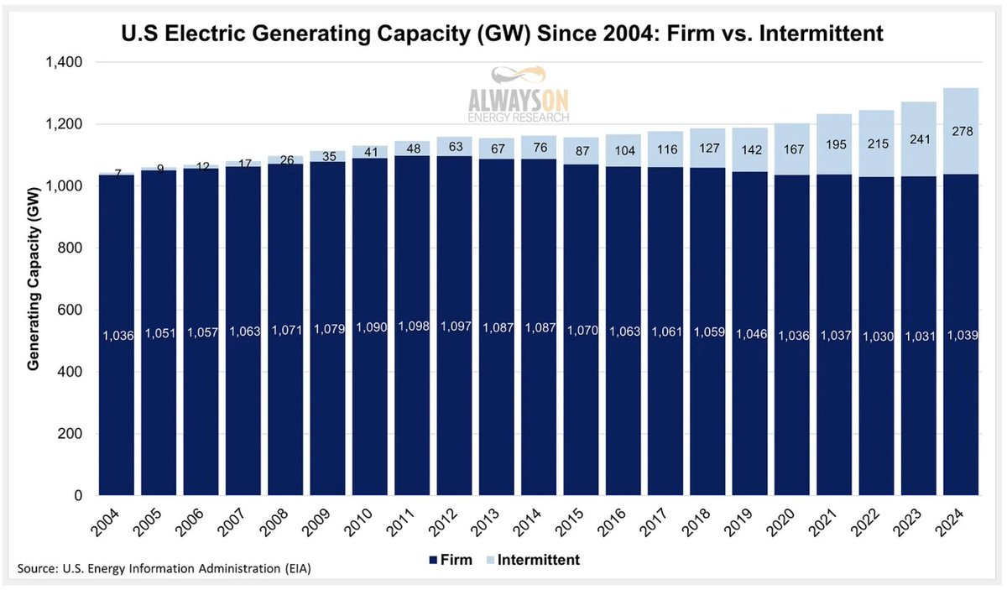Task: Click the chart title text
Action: coord(503,35)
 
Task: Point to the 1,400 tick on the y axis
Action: coord(74,63)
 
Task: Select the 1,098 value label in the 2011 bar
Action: coord(414,326)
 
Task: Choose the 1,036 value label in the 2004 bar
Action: coord(118,336)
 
